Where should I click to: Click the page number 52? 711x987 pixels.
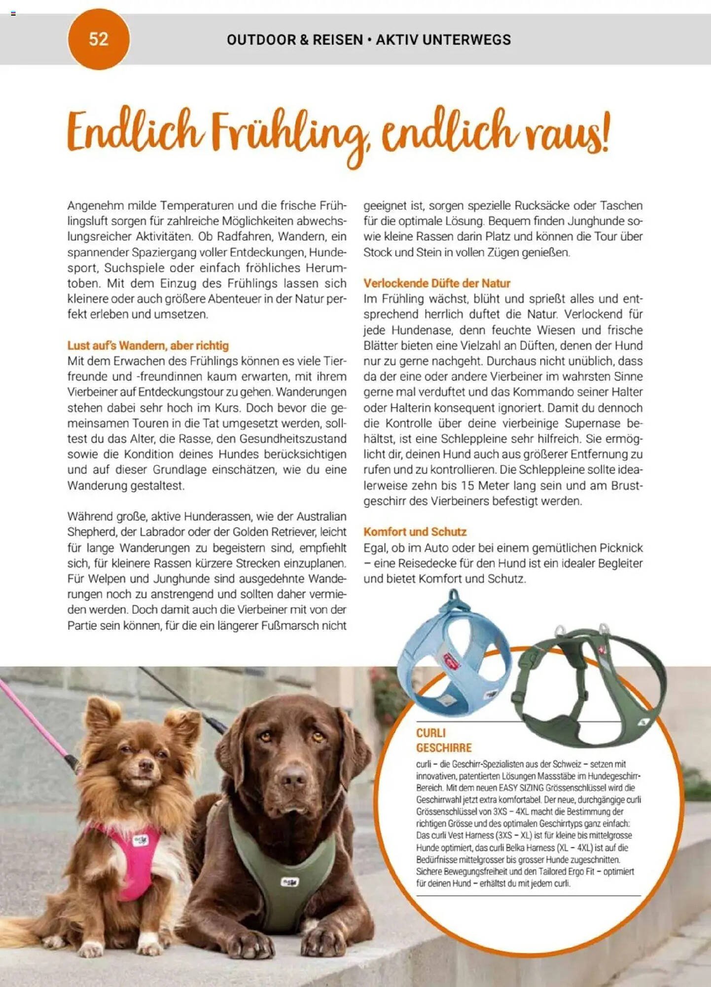click(x=98, y=39)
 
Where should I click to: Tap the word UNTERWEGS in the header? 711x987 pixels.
click(x=468, y=39)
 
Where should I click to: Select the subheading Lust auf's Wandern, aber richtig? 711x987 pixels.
click(x=148, y=345)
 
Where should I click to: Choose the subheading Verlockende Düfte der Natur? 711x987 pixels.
click(x=436, y=283)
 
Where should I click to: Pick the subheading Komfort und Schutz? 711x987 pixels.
click(x=415, y=531)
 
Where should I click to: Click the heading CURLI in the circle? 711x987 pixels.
click(x=430, y=733)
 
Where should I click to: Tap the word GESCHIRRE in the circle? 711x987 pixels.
click(x=444, y=748)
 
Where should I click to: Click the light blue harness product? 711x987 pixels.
click(x=454, y=656)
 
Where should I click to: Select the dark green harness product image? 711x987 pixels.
click(x=587, y=686)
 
